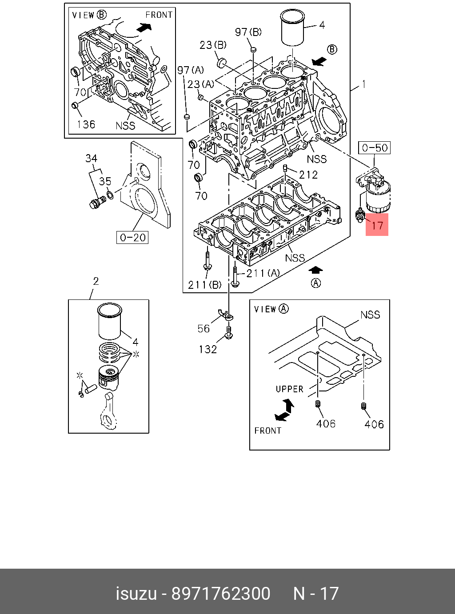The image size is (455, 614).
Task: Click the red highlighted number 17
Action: coord(377,225)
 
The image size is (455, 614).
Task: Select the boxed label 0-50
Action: coord(375,148)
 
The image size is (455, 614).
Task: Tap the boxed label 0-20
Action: coord(133,238)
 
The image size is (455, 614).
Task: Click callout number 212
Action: coord(308,175)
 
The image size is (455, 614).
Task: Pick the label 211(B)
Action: coord(204,285)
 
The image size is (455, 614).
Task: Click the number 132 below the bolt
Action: coord(208,349)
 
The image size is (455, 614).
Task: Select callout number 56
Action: coord(204,328)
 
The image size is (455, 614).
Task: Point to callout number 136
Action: coord(86,124)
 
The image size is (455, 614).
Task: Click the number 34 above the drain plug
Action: coord(92,158)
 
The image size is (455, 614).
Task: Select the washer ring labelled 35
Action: coord(110,195)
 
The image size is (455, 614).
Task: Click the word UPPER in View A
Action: coord(289,389)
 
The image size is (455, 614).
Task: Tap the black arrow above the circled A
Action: coord(315,270)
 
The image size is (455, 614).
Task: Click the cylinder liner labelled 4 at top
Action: coord(292,28)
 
